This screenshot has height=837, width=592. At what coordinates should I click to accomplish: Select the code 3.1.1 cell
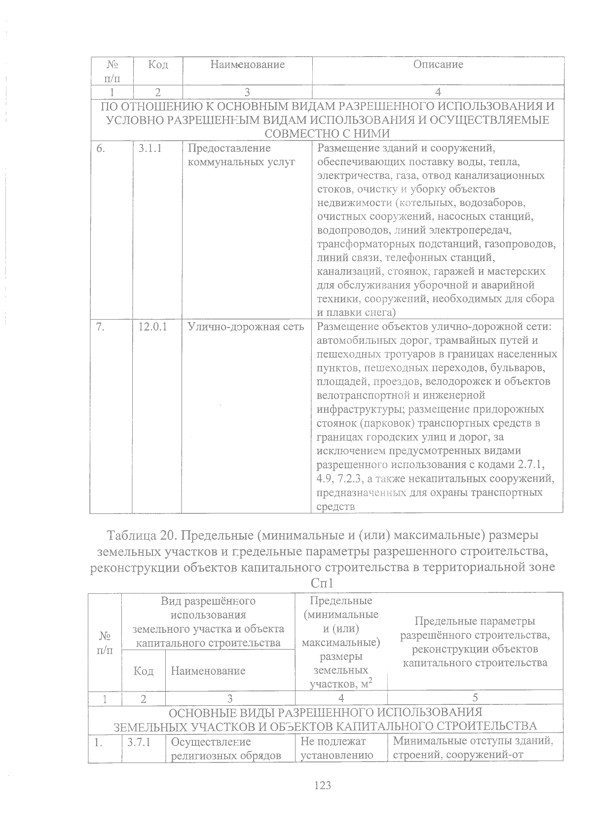click(x=150, y=148)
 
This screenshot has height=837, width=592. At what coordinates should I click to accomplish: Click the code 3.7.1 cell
click(x=139, y=741)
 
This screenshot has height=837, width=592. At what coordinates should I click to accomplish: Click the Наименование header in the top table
click(x=247, y=65)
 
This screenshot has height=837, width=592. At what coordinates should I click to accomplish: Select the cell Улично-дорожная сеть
click(x=246, y=327)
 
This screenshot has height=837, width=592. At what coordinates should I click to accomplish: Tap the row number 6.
click(x=101, y=148)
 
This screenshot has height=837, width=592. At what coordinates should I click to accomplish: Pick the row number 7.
click(x=101, y=327)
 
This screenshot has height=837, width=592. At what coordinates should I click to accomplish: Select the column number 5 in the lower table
click(x=475, y=697)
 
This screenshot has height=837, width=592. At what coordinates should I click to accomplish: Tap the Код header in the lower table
click(x=143, y=671)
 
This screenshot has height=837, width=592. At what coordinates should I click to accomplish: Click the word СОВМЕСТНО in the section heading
click(x=294, y=133)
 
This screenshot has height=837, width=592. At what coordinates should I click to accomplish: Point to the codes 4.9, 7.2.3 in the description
click(x=341, y=478)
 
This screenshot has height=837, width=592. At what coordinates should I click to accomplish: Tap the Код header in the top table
click(x=158, y=65)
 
